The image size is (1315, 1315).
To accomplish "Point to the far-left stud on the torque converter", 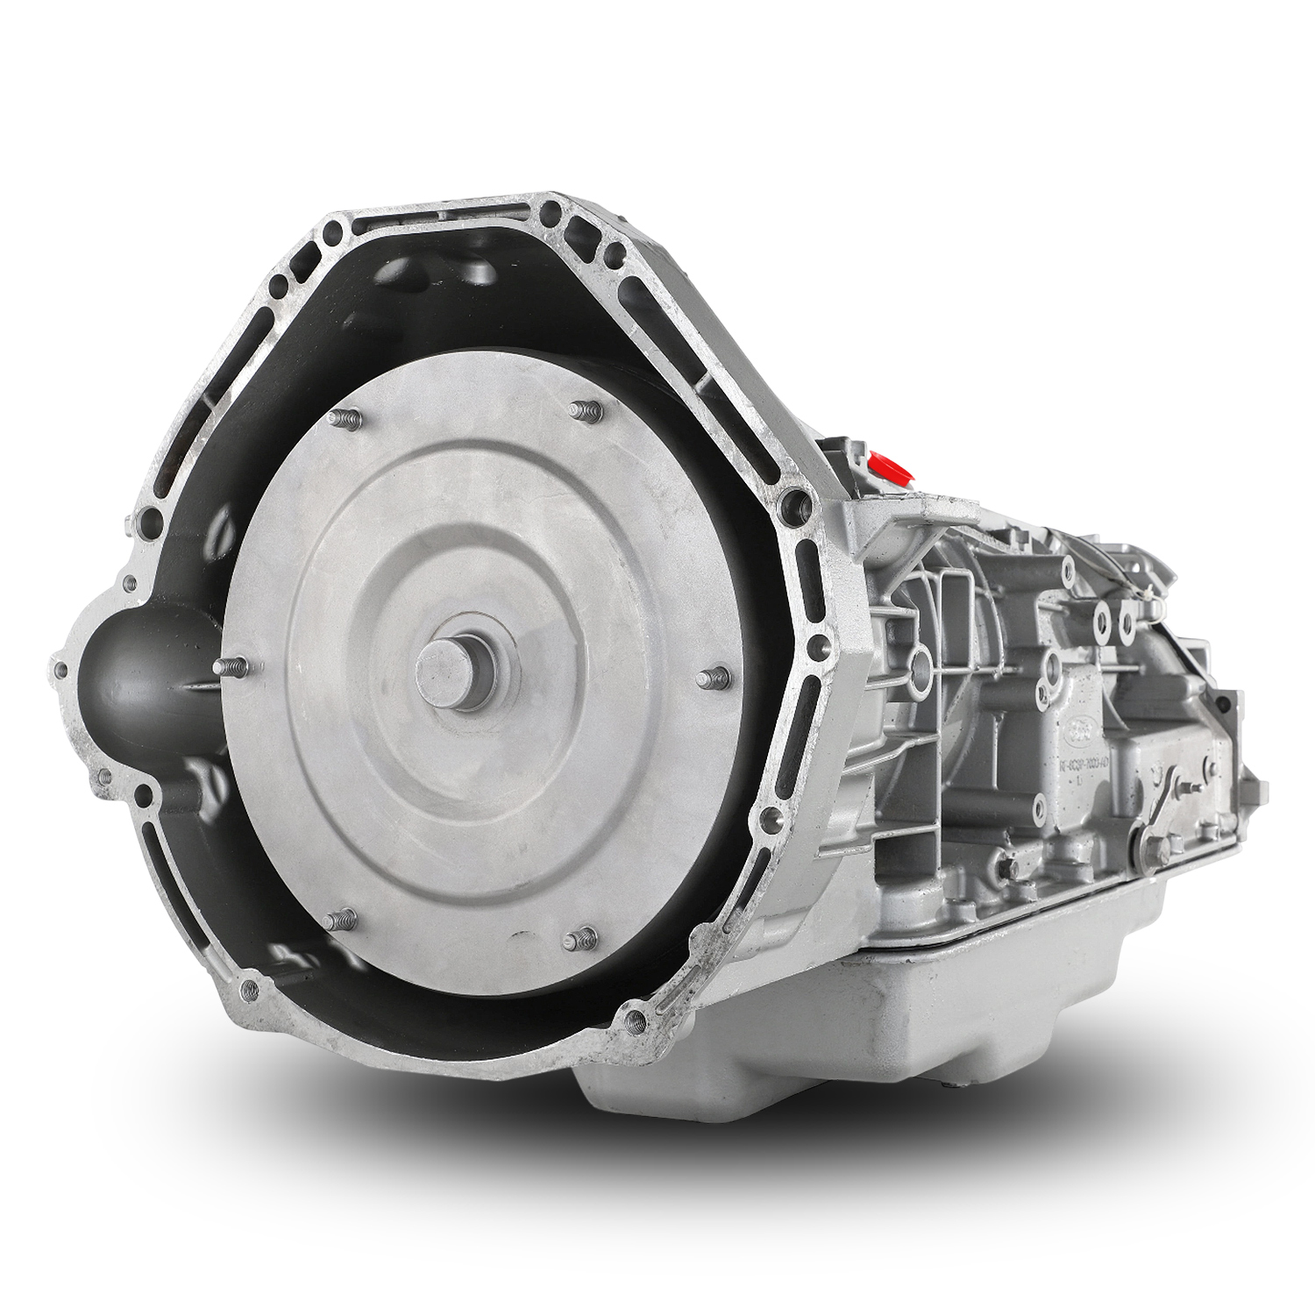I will [x=231, y=669].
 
